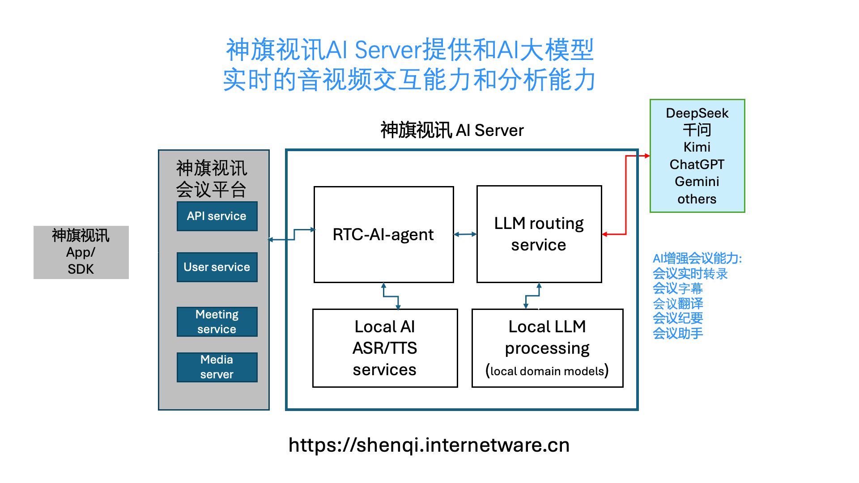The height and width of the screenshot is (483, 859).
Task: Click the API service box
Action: [217, 216]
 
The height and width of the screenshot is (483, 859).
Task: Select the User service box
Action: [217, 267]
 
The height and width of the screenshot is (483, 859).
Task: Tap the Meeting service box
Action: [217, 322]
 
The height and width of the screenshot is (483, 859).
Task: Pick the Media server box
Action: [217, 367]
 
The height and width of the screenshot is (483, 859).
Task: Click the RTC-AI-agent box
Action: [383, 234]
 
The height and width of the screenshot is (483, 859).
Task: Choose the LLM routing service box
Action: [539, 234]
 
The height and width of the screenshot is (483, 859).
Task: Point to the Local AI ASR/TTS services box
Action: [385, 348]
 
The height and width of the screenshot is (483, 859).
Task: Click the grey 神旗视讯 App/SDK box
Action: [81, 252]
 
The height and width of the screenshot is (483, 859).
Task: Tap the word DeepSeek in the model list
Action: [697, 113]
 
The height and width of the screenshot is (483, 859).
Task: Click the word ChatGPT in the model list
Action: [697, 165]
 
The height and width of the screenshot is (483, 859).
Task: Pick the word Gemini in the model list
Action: [697, 182]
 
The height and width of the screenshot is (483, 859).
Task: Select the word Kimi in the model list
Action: [697, 147]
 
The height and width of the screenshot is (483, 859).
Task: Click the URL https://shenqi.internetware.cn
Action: [429, 445]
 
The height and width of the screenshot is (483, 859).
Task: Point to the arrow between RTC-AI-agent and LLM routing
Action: [465, 234]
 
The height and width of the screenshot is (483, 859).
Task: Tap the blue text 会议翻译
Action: [678, 304]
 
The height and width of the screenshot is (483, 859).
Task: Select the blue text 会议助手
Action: [678, 334]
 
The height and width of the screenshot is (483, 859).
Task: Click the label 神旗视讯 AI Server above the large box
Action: [452, 131]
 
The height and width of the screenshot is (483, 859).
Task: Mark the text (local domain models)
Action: [547, 371]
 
